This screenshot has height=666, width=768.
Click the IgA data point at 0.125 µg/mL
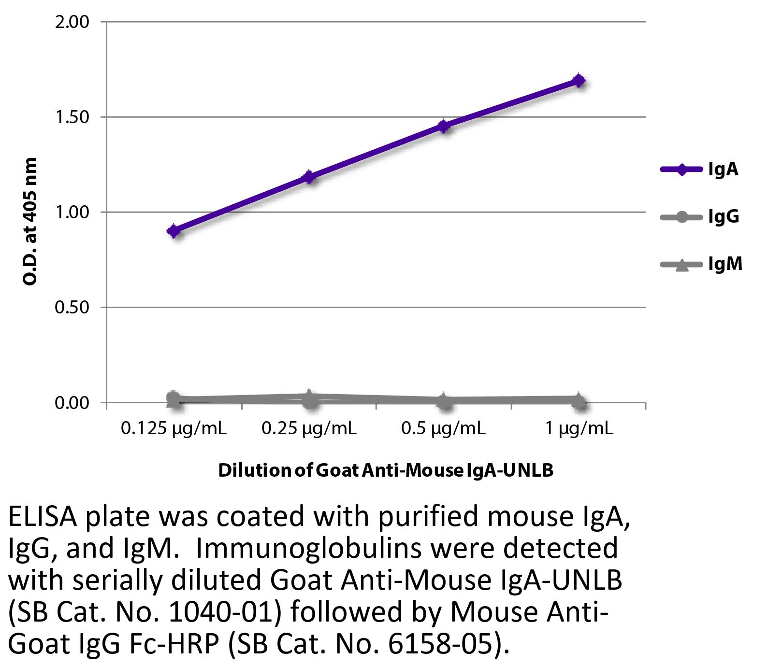click(174, 231)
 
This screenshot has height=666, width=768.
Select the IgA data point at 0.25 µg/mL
click(309, 177)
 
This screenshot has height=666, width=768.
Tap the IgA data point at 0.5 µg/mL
click(444, 127)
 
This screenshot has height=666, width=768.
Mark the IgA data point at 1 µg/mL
click(579, 81)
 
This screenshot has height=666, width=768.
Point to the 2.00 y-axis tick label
click(72, 22)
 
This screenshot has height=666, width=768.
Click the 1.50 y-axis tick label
click(72, 117)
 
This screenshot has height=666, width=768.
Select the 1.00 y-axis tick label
click(72, 213)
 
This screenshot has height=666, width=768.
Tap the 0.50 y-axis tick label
click(72, 308)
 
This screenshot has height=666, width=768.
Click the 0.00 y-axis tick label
click(72, 403)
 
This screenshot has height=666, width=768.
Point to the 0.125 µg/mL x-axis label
click(174, 428)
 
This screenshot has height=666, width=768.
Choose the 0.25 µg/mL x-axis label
click(309, 428)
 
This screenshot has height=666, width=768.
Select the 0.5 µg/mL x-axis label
click(444, 428)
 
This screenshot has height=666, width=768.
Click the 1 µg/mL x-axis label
click(579, 428)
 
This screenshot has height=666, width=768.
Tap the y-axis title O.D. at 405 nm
click(30, 221)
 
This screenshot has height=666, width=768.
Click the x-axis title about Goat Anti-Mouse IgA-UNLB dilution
click(386, 470)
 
